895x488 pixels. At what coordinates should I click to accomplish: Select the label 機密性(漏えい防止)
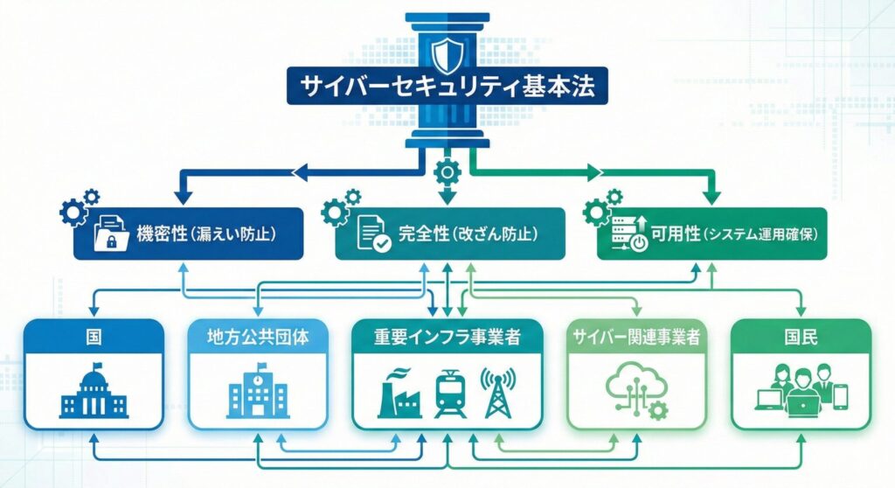pyautogui.click(x=206, y=234)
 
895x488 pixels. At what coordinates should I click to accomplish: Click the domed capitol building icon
pyautogui.click(x=94, y=390)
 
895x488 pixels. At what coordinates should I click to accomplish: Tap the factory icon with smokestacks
pyautogui.click(x=399, y=394)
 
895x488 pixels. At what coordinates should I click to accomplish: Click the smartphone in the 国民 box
pyautogui.click(x=840, y=397)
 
